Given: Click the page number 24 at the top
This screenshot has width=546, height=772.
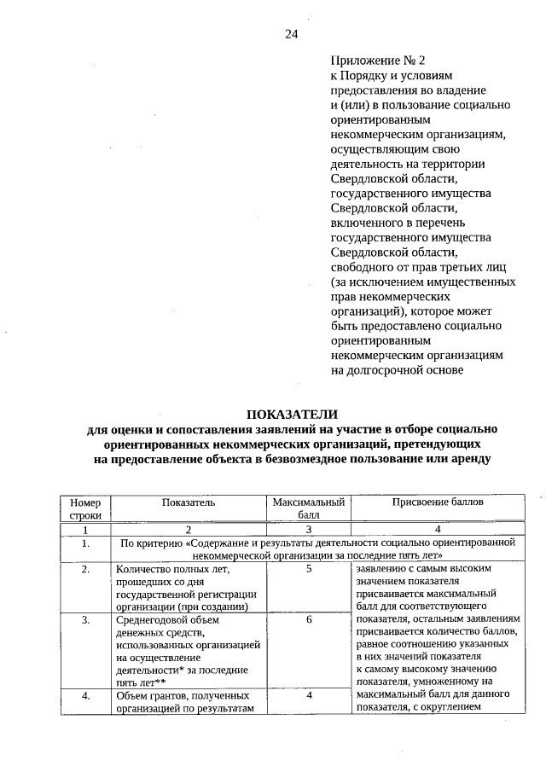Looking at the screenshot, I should (291, 34).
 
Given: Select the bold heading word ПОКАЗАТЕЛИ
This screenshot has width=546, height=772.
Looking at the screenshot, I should (292, 414).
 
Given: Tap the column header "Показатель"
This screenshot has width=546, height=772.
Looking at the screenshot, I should (189, 502).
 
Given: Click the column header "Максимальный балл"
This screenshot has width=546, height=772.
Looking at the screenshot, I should (308, 509).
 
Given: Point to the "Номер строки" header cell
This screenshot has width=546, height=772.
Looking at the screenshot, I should (85, 509).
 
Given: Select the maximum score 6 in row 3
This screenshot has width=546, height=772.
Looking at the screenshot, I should (308, 620).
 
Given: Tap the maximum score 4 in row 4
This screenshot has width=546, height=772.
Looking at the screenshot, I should (308, 696).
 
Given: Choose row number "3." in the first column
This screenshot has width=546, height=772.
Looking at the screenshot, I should (85, 620).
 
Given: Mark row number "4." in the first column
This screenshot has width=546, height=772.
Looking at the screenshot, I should (85, 696).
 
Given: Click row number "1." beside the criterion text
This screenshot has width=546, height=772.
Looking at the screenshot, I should (85, 543).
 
